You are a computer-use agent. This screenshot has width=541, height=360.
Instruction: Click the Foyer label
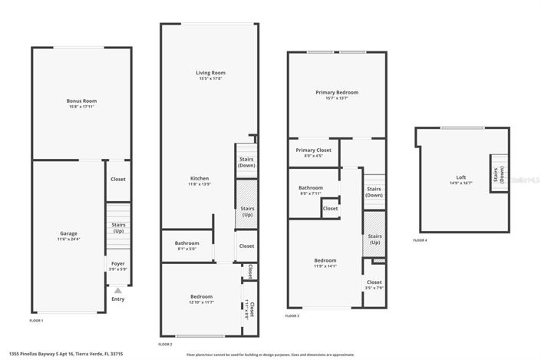tap(117, 263)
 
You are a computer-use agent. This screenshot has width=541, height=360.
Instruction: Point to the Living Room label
tap(210, 73)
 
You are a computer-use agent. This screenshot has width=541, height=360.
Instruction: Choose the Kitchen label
tap(200, 178)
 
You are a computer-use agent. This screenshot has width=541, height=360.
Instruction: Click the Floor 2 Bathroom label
tap(187, 243)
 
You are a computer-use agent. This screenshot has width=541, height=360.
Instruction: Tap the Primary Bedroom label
tap(336, 92)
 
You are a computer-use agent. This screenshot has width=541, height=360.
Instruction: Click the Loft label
tap(460, 177)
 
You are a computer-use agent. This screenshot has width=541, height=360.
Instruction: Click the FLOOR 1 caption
tap(36, 320)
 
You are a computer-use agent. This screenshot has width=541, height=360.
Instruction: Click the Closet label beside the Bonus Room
tap(118, 179)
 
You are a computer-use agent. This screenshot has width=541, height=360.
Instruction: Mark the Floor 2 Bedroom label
tap(202, 296)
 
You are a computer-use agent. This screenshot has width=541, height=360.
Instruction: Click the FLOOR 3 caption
tap(292, 315)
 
